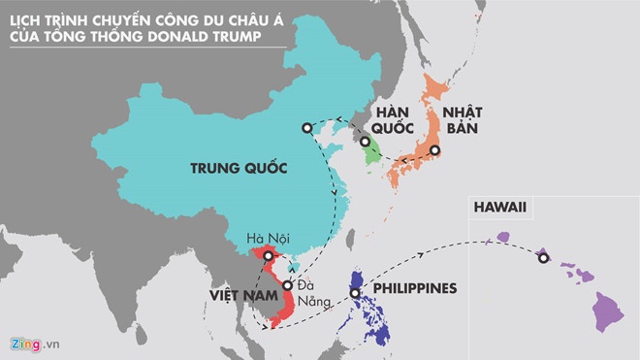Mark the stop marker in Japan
coord(435,150)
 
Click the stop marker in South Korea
coord(366,142)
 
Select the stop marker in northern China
coord(306,127)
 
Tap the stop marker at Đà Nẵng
coord(288,286)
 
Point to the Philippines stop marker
coord(355,293)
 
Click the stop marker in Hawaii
coord(543,258)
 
